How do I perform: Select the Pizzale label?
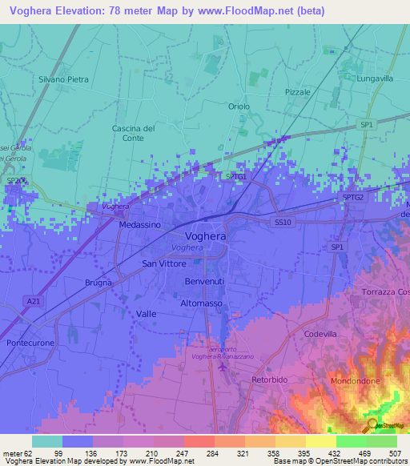tap(297, 93)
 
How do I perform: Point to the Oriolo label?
tap(239, 106)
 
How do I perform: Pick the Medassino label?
tap(140, 225)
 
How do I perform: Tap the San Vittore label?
tap(163, 263)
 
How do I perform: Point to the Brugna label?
tap(98, 283)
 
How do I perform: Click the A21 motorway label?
tap(33, 301)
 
